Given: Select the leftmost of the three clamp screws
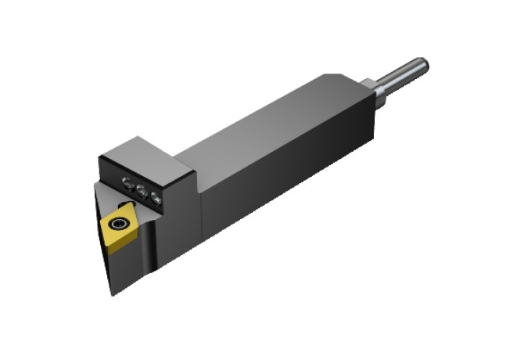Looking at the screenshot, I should (x=127, y=183).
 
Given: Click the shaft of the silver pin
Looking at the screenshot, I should (x=404, y=75).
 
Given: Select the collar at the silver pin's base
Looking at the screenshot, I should (x=380, y=92).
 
